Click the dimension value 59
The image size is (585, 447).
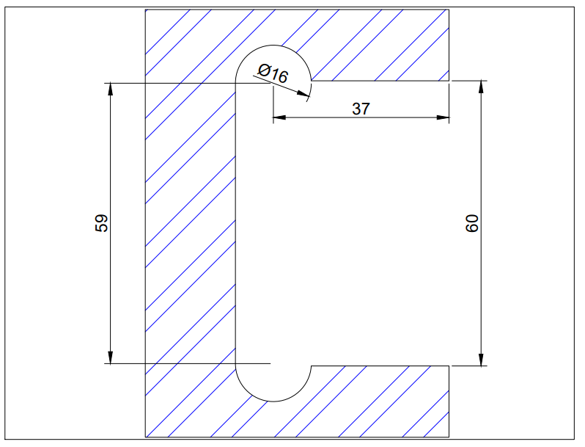103,223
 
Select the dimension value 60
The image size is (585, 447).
472,223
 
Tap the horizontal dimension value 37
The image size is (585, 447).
361,109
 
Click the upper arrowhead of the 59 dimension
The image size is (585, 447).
110,88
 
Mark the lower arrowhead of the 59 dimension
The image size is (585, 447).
110,357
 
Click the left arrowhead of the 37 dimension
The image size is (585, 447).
279,117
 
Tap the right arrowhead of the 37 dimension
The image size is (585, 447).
442,117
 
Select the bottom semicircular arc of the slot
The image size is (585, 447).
273,401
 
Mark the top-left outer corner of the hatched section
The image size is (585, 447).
147,10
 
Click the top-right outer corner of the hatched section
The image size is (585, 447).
449,10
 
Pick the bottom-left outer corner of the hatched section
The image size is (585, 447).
147,437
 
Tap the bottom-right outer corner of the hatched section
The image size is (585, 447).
449,437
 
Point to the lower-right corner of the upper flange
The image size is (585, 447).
449,80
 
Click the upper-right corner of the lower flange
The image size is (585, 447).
449,366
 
